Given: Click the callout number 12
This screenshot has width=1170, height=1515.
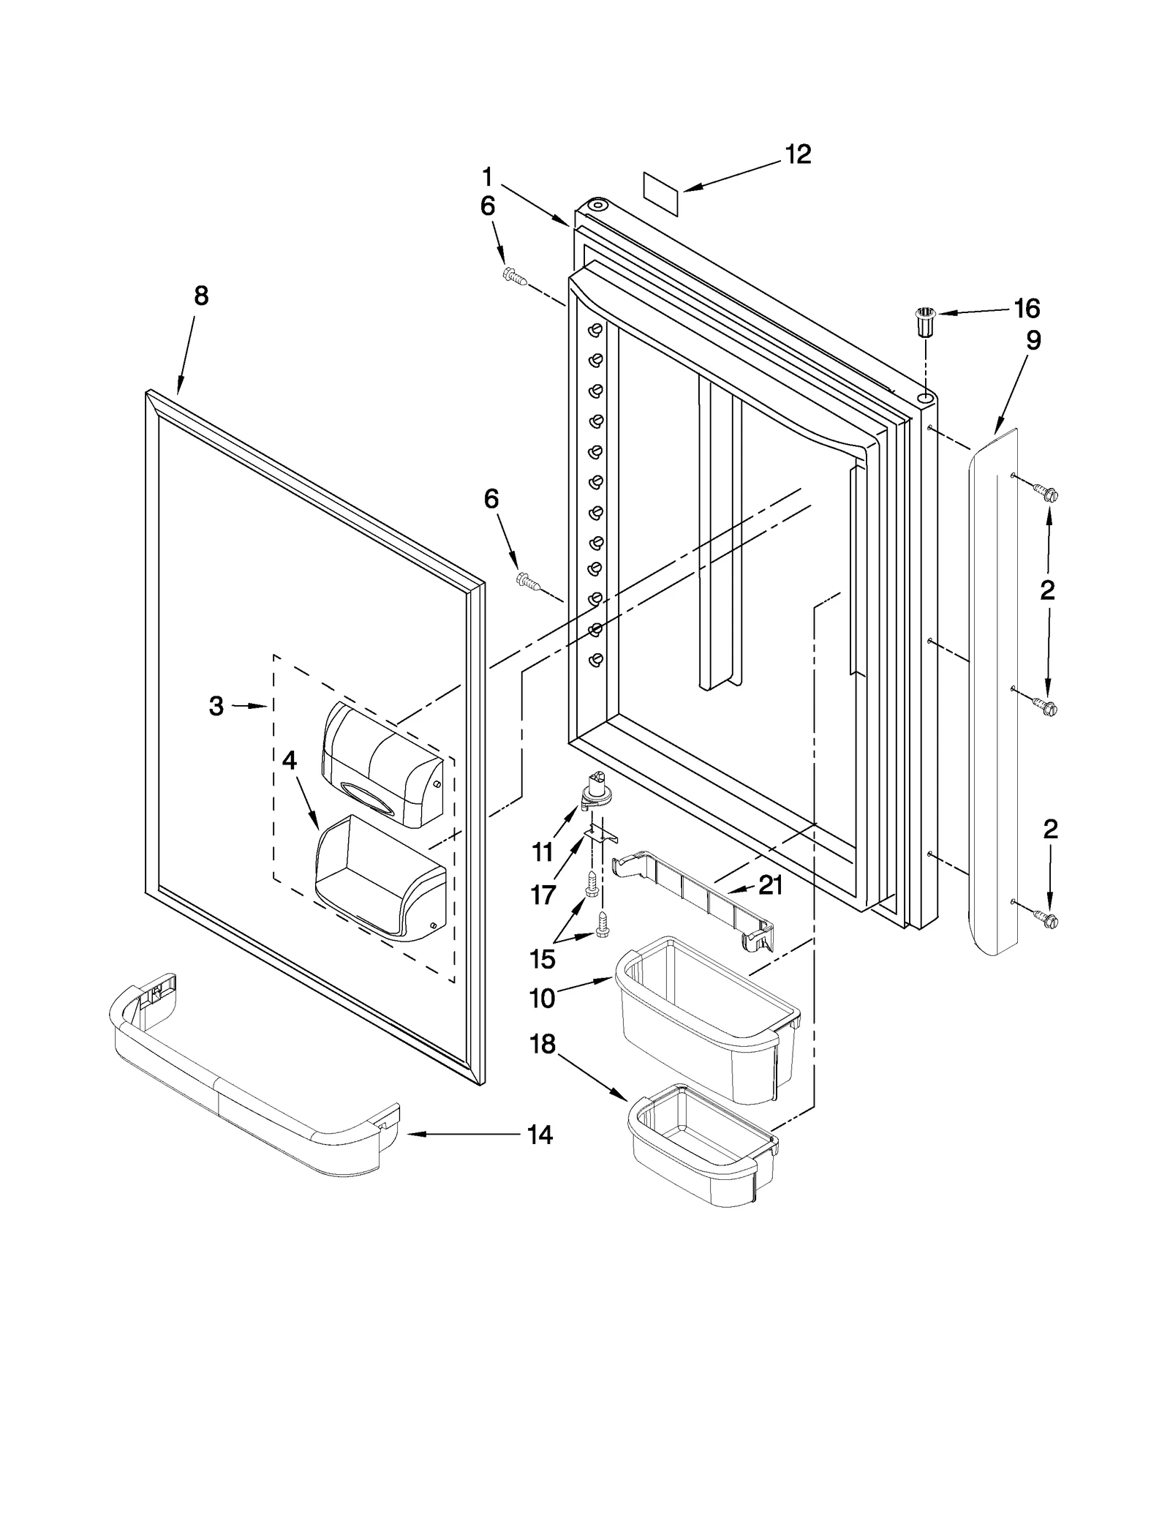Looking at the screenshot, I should click(x=798, y=154).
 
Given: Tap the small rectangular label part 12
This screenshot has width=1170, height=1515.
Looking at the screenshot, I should click(x=661, y=193).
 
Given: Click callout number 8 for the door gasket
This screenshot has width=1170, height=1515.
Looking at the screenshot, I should click(x=201, y=296).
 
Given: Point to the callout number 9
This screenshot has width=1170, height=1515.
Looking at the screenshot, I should click(x=1033, y=340).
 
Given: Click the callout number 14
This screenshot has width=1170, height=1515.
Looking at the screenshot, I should click(x=540, y=1135).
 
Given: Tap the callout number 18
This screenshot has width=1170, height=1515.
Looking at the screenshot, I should click(x=543, y=1044).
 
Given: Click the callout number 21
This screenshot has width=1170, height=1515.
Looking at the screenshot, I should click(x=770, y=886).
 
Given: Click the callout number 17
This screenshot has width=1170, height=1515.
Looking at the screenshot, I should click(x=543, y=894).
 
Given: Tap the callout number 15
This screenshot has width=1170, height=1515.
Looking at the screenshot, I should click(x=543, y=958).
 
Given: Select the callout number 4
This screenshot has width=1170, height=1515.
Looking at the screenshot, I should click(x=290, y=761).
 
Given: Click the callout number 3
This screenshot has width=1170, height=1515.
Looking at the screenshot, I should click(x=216, y=706).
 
